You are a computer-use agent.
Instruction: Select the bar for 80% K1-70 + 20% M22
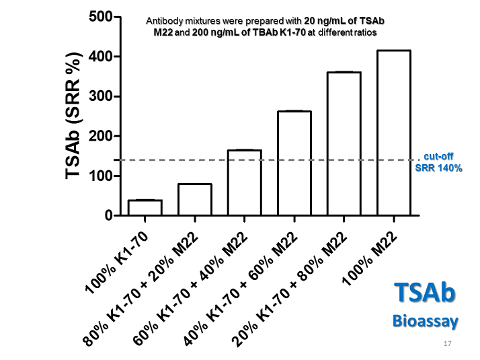point(195,200)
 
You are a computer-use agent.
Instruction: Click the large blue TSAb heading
point(425,295)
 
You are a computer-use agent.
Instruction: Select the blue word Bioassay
point(425,321)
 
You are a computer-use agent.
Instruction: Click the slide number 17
point(448,345)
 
